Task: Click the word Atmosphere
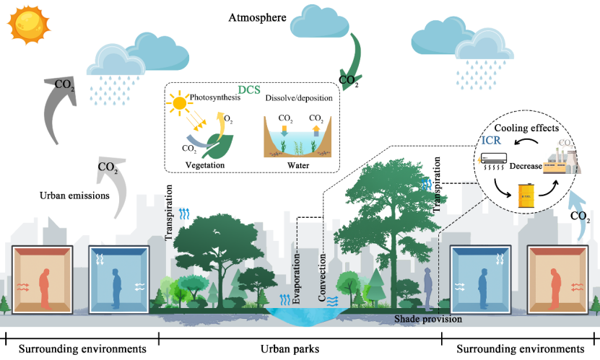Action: click(257, 17)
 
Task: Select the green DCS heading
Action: click(249, 89)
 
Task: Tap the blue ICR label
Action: click(491, 140)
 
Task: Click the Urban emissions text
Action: click(74, 196)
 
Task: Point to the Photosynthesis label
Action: click(215, 97)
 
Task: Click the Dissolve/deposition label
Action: click(299, 98)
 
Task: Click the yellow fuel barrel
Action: click(526, 196)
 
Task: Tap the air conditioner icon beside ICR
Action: click(493, 161)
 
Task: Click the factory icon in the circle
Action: click(561, 160)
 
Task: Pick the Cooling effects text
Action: click(526, 128)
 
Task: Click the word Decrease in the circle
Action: click(526, 166)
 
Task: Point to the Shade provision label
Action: click(428, 319)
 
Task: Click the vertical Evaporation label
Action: click(296, 278)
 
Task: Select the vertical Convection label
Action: click(322, 278)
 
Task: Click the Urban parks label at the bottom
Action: click(290, 349)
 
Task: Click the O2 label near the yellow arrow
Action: click(228, 119)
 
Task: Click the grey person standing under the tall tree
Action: click(428, 289)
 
